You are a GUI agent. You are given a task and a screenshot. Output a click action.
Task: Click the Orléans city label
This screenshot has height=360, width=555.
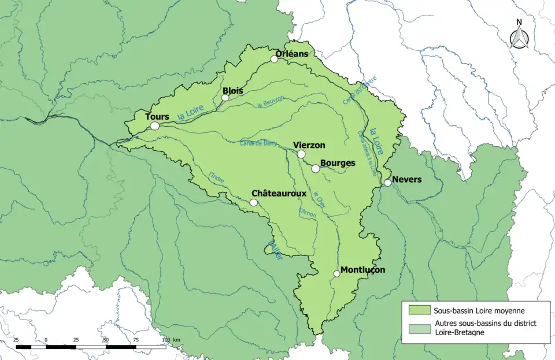click(x=291, y=54)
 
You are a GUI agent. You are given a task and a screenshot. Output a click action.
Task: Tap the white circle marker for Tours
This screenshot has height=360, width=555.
click(x=154, y=125)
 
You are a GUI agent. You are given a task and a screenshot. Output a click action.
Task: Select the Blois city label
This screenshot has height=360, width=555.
click(x=232, y=91)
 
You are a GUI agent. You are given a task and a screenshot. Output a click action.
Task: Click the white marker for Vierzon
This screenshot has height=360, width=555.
click(x=301, y=154)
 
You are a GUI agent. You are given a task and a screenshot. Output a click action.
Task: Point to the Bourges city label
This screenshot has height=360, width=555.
click(x=337, y=163)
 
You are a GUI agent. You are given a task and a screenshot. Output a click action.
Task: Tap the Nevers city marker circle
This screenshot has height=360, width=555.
click(x=387, y=183)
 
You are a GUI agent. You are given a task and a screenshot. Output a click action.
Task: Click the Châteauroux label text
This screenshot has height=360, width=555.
click(x=279, y=194)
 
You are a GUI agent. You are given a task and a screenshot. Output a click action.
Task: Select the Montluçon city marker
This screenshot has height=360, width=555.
click(x=336, y=274)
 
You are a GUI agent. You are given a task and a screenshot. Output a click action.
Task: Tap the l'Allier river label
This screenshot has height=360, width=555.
click(x=275, y=249)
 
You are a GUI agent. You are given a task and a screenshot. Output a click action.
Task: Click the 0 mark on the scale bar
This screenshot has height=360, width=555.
click(x=46, y=339)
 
